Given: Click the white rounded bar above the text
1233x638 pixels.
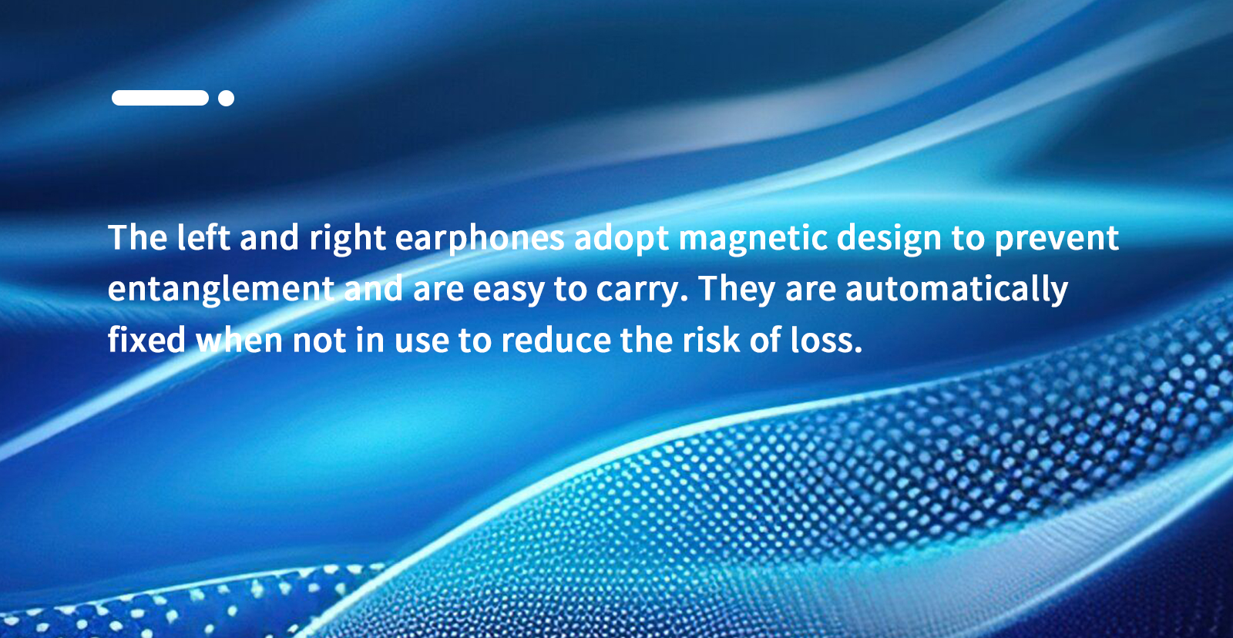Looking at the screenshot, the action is pyautogui.click(x=160, y=98).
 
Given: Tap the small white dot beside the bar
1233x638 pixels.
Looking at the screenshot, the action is pyautogui.click(x=227, y=98).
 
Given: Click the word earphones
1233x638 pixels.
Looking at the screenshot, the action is pyautogui.click(x=479, y=238).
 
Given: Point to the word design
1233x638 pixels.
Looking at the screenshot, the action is pyautogui.click(x=889, y=238).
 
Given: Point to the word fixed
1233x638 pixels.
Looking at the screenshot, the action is pyautogui.click(x=146, y=340).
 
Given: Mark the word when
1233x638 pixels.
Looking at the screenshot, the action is pyautogui.click(x=240, y=340).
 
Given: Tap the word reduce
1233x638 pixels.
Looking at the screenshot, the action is pyautogui.click(x=556, y=340).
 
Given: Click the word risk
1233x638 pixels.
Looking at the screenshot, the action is pyautogui.click(x=711, y=340).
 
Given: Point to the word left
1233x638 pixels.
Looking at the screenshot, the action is pyautogui.click(x=203, y=237).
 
